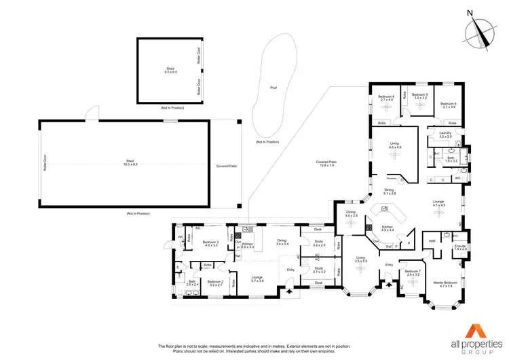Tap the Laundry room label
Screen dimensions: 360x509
click(x=445, y=134)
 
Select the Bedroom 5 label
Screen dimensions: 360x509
click(x=420, y=96)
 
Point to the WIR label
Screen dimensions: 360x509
click(x=432, y=240)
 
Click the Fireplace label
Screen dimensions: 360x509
click(x=392, y=178)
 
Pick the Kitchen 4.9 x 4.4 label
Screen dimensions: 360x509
click(x=388, y=228)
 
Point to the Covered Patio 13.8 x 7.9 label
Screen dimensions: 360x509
click(x=326, y=163)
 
